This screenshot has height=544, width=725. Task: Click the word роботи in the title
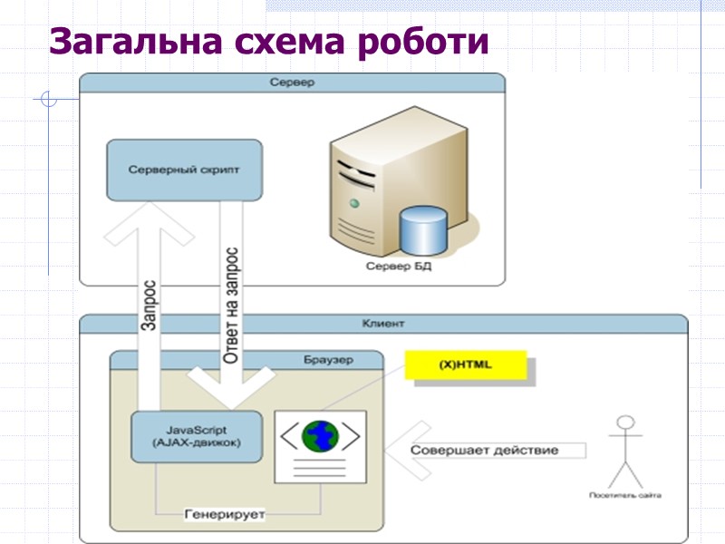click(x=424, y=43)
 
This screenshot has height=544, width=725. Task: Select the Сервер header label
click(x=291, y=83)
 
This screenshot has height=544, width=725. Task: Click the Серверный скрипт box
click(x=184, y=170)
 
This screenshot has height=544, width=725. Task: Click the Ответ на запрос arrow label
click(x=232, y=304)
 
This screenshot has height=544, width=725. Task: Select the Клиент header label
click(x=382, y=323)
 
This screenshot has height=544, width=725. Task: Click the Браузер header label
click(x=328, y=359)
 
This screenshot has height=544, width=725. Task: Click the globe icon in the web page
click(x=320, y=435)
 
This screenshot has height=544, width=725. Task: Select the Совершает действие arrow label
click(x=484, y=450)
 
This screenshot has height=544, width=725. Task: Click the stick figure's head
click(x=624, y=423)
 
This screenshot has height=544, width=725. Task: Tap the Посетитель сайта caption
click(x=624, y=496)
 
